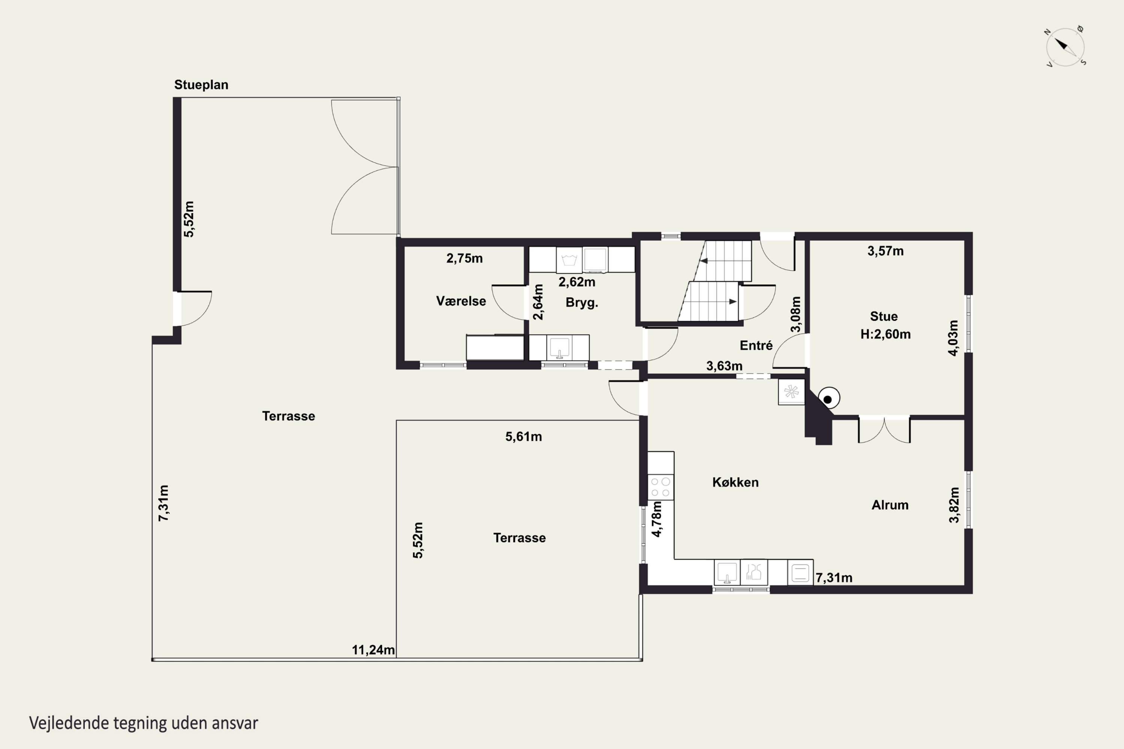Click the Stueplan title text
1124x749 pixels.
pos(201,85)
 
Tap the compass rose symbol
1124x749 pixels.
pos(1065,47)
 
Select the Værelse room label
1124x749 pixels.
pos(461,301)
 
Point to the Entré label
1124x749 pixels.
pos(756,345)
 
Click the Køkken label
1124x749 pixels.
pos(735,482)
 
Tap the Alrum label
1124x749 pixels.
pos(890,505)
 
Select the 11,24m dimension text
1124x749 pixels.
pos(373,650)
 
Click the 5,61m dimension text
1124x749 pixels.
pos(523,437)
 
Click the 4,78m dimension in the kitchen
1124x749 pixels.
pos(657,519)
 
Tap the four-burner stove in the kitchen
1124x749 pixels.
pos(661,487)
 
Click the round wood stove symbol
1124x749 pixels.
pos(829,398)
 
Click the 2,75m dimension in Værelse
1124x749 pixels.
pos(465,258)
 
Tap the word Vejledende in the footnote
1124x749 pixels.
pos(69,723)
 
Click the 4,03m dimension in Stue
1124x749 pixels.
pos(953,338)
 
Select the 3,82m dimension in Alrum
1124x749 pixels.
pos(954,505)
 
